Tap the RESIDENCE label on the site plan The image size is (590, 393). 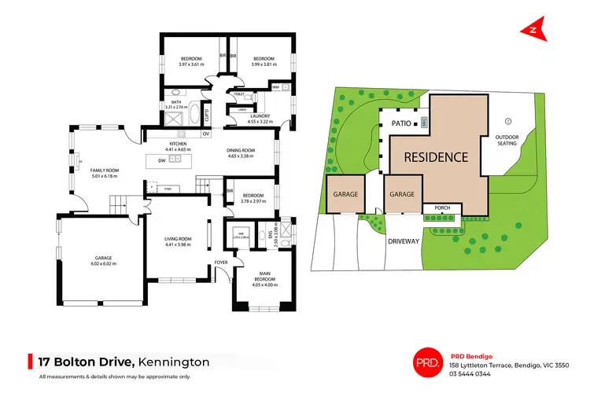tap(437, 156)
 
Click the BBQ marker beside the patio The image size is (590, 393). tap(424, 123)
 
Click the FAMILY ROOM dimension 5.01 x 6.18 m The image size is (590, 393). tap(103, 176)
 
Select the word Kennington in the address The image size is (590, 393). tap(174, 362)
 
